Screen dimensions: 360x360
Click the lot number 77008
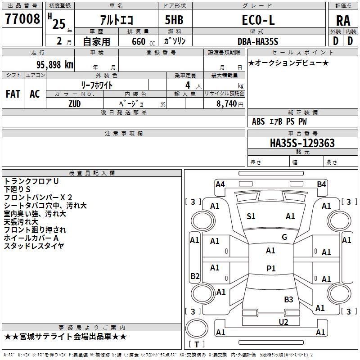click(22, 18)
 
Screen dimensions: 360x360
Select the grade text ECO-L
click(258, 20)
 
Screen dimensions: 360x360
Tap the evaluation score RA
click(343, 21)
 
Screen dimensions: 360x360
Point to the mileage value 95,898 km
click(55, 65)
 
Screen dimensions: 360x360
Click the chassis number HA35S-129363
click(302, 143)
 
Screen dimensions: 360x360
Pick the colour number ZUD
click(75, 104)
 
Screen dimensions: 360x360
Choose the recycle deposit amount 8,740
click(227, 104)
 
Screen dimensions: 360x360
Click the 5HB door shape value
click(174, 20)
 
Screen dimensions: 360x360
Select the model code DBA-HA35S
click(258, 41)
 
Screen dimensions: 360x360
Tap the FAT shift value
click(13, 94)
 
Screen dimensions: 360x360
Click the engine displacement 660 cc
click(143, 42)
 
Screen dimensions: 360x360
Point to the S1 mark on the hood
click(251, 216)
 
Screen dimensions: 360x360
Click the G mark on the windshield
click(284, 237)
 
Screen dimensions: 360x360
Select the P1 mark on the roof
click(271, 268)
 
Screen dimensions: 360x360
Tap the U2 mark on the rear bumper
click(283, 322)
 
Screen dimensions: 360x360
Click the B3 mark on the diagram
click(288, 300)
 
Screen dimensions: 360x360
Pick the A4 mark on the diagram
click(220, 184)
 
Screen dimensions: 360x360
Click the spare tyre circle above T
click(197, 328)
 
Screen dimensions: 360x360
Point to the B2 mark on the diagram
click(195, 276)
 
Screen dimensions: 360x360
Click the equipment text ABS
click(258, 121)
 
